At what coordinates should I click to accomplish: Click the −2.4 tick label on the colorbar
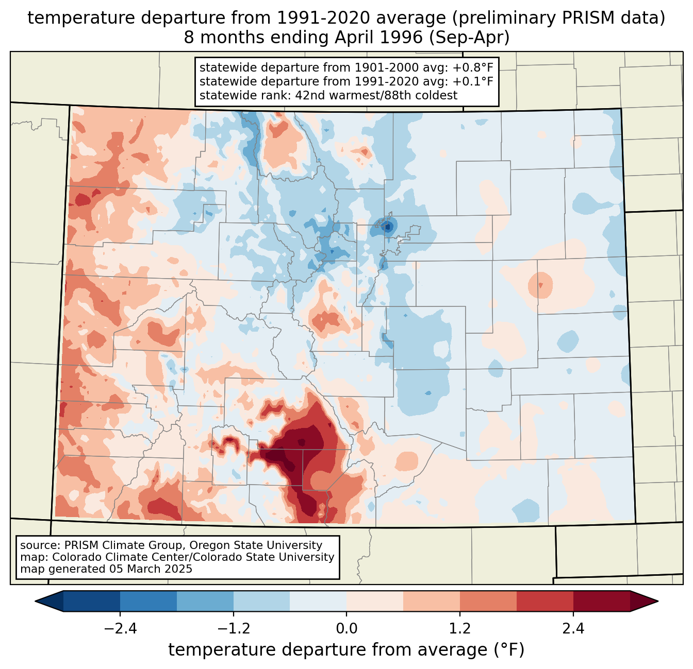pos(120,629)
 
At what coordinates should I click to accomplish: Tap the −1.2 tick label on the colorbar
pos(233,629)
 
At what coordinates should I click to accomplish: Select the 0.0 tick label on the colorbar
pos(346,629)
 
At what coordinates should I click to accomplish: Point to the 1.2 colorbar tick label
pos(460,629)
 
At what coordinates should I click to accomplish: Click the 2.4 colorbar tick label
pos(573,629)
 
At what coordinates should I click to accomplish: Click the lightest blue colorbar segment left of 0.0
pos(318,601)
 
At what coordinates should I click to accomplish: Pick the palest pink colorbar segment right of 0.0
pos(375,601)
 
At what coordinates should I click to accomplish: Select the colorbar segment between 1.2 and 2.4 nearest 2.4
pos(544,601)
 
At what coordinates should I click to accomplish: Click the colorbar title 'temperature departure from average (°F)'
pos(346,650)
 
